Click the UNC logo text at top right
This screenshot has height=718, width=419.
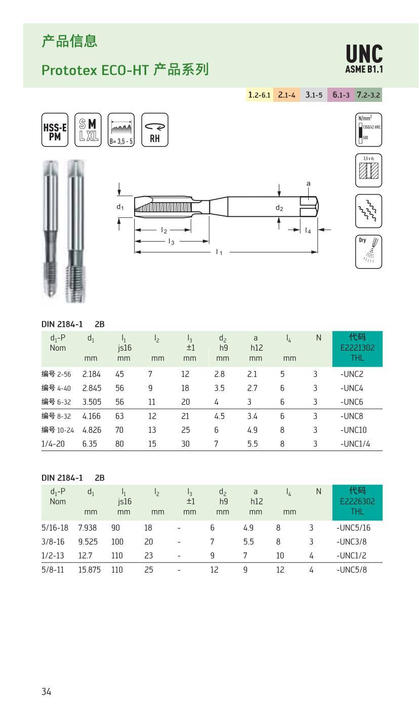(364, 55)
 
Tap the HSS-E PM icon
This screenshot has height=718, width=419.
(55, 130)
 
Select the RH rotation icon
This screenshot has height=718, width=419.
(155, 130)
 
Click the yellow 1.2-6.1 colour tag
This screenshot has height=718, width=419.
(260, 95)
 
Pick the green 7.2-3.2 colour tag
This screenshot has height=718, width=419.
(368, 95)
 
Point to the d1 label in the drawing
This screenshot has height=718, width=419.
(120, 207)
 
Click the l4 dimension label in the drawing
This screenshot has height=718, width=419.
(308, 231)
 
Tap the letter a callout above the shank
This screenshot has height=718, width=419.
(309, 183)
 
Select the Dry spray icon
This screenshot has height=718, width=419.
(368, 251)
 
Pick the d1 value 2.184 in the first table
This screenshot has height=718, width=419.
(91, 374)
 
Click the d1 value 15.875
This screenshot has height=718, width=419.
(90, 570)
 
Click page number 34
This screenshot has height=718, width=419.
(46, 692)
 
